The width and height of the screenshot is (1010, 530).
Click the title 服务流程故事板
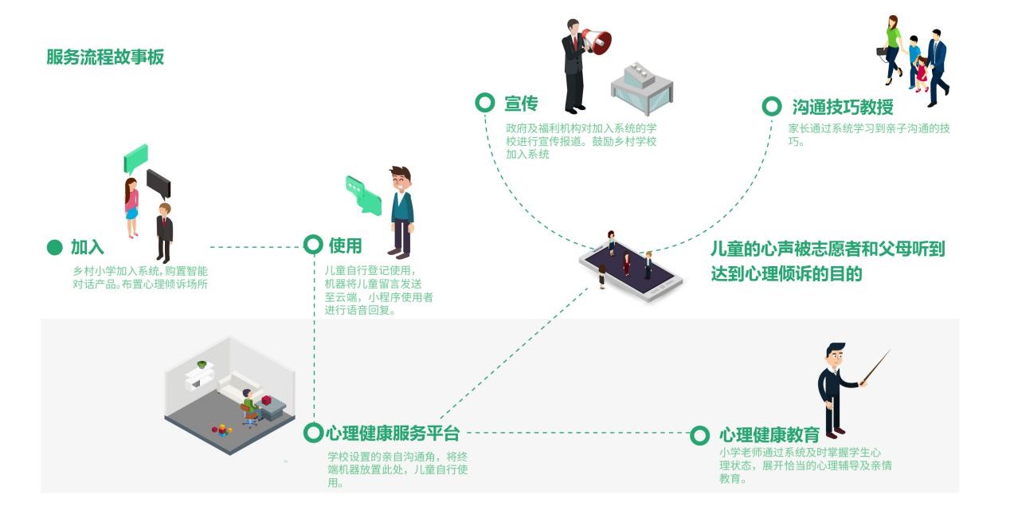coord(105,57)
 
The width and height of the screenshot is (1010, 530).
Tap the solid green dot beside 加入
coord(54,247)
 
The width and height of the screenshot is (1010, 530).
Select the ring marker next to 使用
coord(314,245)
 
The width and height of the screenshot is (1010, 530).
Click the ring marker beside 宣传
coord(484,103)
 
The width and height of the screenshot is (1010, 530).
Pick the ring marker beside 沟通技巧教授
coord(771,106)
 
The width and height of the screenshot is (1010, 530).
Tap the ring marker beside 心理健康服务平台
coord(314,433)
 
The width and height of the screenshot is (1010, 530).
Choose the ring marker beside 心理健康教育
coord(699,435)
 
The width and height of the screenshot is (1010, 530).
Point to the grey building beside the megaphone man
coord(641,85)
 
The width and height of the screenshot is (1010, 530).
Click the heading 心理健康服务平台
coord(393,434)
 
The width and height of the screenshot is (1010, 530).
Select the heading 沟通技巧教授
coord(842,107)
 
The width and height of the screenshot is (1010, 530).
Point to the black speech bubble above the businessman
coord(158,183)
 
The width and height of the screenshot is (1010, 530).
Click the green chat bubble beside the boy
coord(363,194)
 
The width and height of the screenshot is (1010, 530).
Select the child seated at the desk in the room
coord(250,405)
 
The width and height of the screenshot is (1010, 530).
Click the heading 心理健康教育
coord(769,435)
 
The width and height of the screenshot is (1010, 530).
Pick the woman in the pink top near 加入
coord(131,206)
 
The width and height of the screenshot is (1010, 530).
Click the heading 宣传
coord(521,104)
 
